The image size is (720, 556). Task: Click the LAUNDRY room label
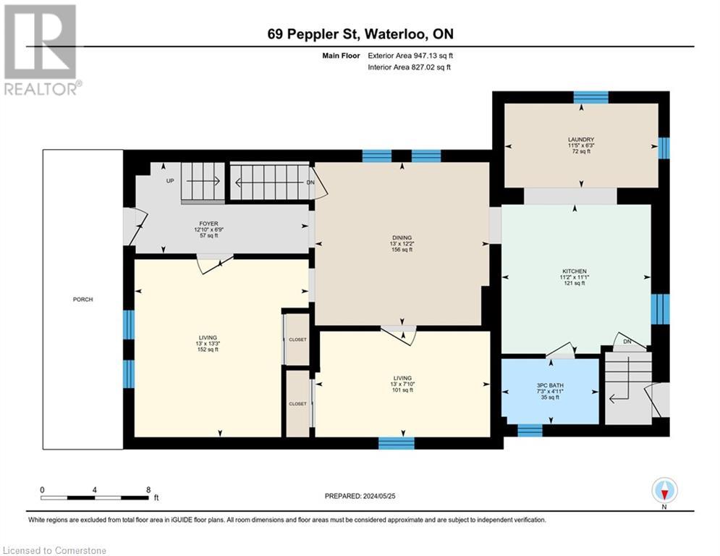coord(581,140)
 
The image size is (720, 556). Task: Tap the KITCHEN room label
coord(575,271)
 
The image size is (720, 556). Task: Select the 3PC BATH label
coord(550,386)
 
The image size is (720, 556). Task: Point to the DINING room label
coord(402,238)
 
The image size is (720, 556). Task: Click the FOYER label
coord(208,224)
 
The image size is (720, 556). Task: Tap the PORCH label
coord(82,300)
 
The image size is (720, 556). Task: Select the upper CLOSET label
coord(297,340)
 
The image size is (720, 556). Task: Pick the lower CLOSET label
coord(297,404)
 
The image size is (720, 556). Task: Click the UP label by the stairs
coord(170,181)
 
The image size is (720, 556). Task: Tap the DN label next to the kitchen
coord(627,342)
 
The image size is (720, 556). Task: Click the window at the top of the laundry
coord(591,97)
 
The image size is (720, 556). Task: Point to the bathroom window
coord(530,431)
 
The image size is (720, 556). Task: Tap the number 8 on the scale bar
coord(148,490)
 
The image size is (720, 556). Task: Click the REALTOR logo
coord(41,50)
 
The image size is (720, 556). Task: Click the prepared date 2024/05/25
coord(379,496)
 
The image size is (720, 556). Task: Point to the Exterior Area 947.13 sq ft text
coord(410,56)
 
